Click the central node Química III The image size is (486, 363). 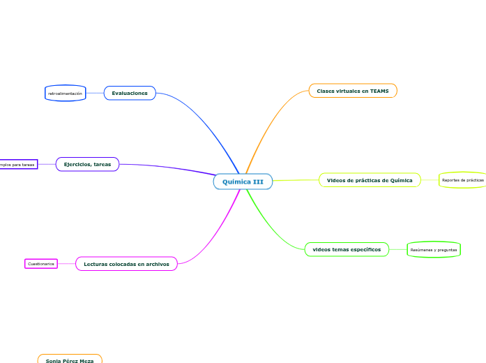coord(243,181)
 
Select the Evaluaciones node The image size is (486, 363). coord(130,93)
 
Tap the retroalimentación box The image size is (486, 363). coord(65,93)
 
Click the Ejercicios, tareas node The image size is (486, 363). coord(87,164)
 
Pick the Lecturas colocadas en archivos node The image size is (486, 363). coord(126,264)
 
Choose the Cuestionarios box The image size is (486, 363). coord(41,264)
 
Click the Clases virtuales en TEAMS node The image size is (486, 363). coord(353,91)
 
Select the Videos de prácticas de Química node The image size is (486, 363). coord(370,180)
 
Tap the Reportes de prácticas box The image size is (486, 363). coord(462,180)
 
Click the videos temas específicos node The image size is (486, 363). coord(347,249)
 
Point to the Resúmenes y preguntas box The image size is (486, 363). coord(434,249)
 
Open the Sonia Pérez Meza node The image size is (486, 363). coord(70,360)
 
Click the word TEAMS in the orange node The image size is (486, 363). coord(379,91)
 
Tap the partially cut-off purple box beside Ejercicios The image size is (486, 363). coord(18,165)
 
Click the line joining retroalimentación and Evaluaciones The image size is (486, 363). coord(95,93)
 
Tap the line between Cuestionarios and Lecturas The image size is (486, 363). coord(66,264)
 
